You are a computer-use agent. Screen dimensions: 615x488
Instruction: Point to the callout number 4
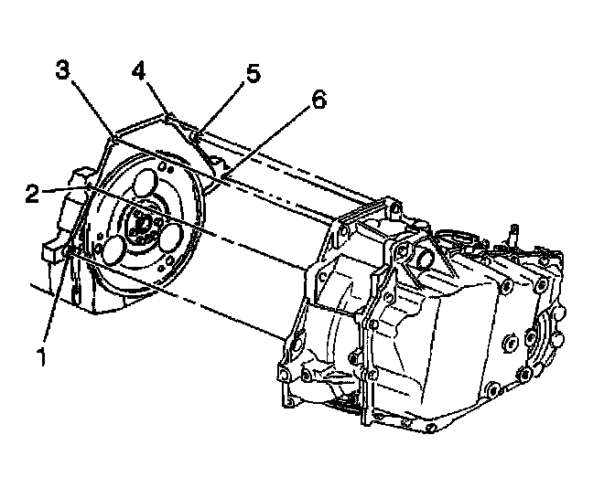pos(138,69)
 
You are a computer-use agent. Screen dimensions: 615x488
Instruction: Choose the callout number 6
pos(318,100)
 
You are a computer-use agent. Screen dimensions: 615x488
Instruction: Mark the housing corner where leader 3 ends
pos(109,137)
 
